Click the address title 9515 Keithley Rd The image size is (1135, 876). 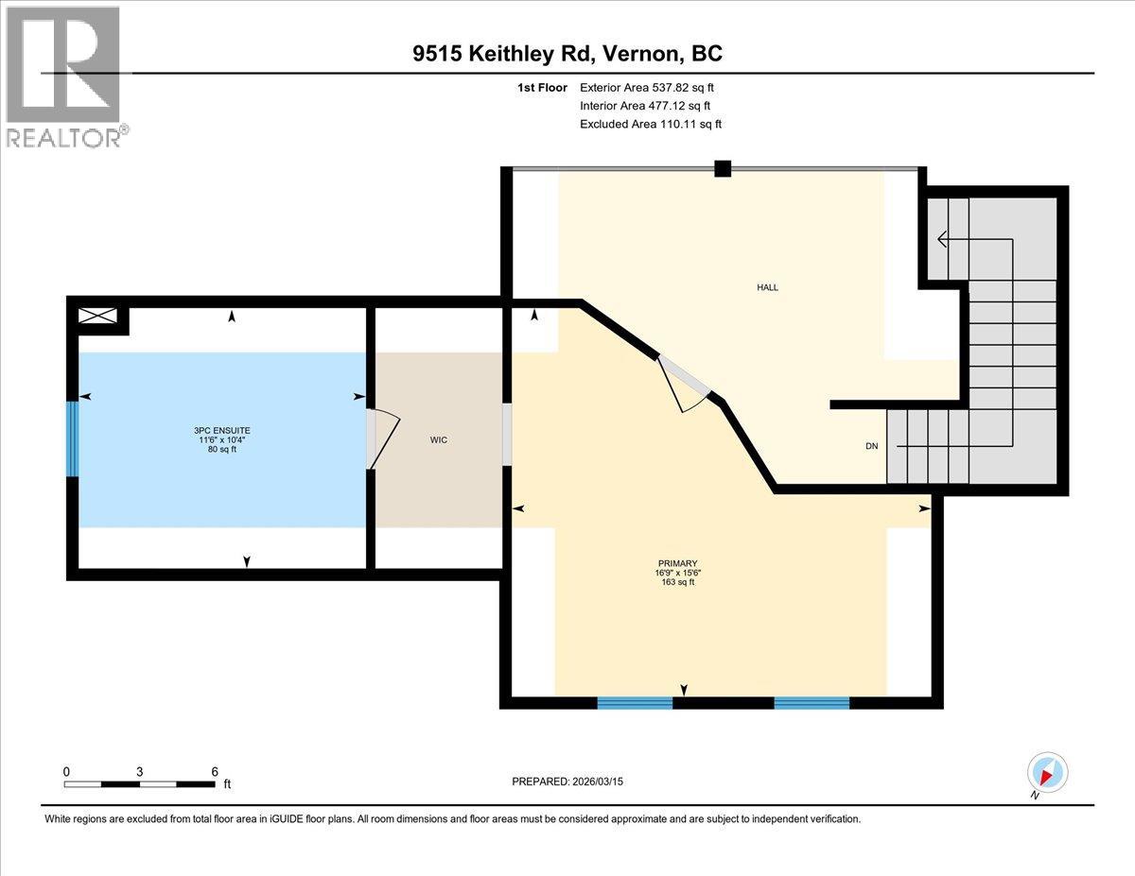(567, 54)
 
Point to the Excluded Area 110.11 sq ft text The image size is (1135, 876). (651, 124)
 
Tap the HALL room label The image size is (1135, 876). (767, 287)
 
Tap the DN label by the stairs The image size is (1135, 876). (870, 446)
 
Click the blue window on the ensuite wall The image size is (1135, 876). (72, 439)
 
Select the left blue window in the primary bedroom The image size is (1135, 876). (635, 702)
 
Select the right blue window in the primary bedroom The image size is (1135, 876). (812, 702)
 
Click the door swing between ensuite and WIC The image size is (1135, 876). (383, 439)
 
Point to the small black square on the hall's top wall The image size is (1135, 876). (723, 169)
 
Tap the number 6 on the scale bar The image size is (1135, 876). (215, 771)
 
